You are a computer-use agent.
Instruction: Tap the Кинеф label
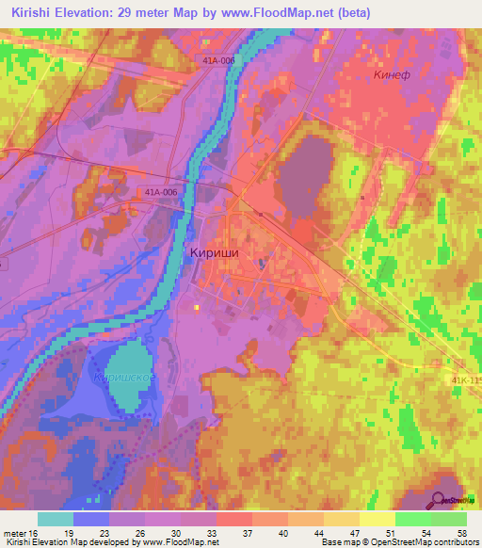coord(391,74)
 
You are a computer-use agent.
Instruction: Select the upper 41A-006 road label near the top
coord(217,58)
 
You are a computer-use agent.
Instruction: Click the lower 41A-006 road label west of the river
coord(160,192)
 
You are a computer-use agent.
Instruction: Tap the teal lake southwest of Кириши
coord(128,372)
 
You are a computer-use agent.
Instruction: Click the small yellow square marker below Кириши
coord(196,307)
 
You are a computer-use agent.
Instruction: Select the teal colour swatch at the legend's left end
coord(56,519)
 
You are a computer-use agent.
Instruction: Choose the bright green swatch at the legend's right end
coord(449,519)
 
